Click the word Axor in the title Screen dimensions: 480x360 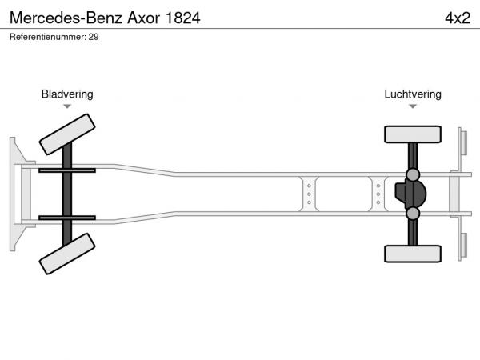click(x=143, y=18)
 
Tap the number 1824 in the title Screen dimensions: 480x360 click(x=182, y=18)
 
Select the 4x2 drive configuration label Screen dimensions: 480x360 click(x=458, y=18)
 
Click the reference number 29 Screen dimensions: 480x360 click(x=94, y=37)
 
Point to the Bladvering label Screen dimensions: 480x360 click(x=67, y=94)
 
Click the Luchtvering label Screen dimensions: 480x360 click(x=413, y=94)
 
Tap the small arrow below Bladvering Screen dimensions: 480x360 click(x=67, y=106)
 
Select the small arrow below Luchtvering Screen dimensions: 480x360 click(x=413, y=106)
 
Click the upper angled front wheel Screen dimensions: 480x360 click(x=67, y=134)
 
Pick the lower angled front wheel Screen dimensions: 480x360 click(x=67, y=254)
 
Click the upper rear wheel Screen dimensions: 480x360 click(x=413, y=134)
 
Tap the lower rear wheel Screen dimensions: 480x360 click(x=413, y=254)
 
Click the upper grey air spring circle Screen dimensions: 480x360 click(x=413, y=174)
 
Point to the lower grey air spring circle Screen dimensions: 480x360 click(x=413, y=214)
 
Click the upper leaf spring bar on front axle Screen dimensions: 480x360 click(x=67, y=170)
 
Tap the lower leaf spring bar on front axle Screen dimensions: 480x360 click(x=67, y=218)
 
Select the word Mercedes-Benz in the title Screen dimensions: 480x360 click(x=66, y=18)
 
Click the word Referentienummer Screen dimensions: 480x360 click(x=48, y=37)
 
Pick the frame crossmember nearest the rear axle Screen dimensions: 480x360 click(x=378, y=194)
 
